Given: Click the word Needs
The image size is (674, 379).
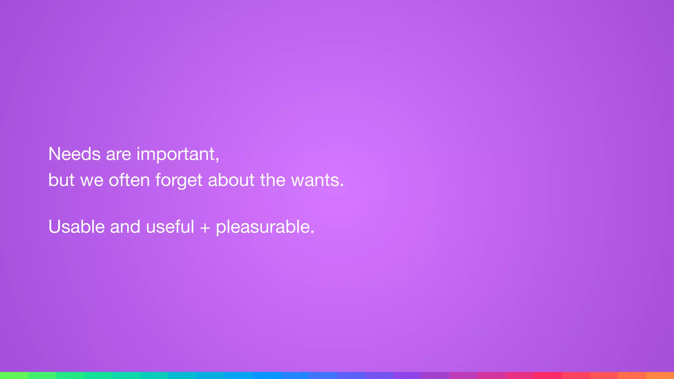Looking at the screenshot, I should pos(74,154).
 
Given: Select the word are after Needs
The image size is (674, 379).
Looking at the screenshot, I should pos(118,155).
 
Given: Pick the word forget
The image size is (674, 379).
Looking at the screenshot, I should pos(179,181).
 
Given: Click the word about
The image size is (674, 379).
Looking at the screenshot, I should pos(231,180).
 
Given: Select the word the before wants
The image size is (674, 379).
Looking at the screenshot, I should pos(272,180).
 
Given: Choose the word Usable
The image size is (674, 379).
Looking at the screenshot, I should pos(76,227).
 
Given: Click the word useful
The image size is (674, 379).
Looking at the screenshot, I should pos(170,227).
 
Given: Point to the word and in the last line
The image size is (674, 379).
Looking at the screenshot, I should pos(125,227).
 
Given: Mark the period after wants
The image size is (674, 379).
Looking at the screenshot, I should pos(342,186).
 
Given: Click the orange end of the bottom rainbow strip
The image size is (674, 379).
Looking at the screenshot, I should pos(661,375).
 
